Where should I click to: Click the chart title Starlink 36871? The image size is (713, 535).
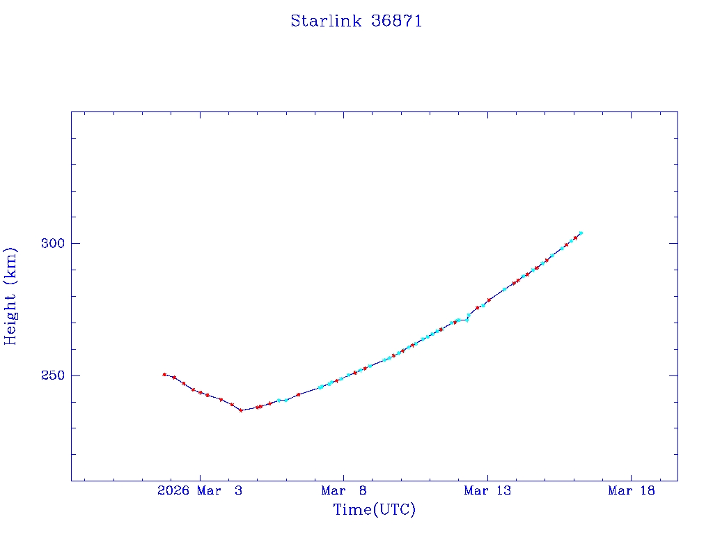point(356,21)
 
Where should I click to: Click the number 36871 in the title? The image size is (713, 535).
point(396,21)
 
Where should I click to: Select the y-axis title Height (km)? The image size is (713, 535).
point(10,296)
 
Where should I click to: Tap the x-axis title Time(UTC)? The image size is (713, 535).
point(374,510)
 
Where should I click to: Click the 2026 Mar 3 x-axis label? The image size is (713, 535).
point(200,490)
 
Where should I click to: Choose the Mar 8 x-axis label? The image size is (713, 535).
point(343,490)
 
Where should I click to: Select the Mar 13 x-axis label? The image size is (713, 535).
point(487,490)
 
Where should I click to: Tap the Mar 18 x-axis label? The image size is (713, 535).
point(631,490)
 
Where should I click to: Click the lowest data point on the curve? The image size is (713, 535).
point(241,410)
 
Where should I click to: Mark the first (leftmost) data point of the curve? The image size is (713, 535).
point(164,374)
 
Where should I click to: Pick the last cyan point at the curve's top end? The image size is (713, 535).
point(581,233)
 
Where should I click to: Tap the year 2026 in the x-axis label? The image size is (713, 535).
point(173,490)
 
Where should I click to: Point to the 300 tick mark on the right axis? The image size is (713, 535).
point(673,243)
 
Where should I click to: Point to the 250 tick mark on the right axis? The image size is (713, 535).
point(673,375)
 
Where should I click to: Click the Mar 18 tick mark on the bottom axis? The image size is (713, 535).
point(631,476)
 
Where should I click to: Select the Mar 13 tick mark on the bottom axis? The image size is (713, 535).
point(487,476)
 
